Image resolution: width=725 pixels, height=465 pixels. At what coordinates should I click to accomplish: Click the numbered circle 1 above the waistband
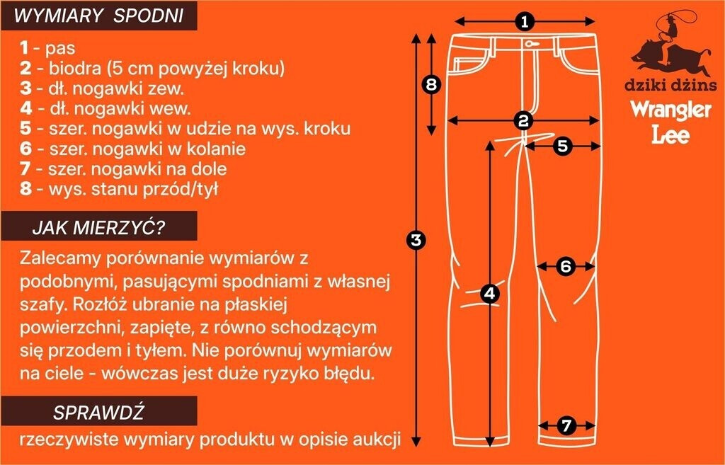point(525,21)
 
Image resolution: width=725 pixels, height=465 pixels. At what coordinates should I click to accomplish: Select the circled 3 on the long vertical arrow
point(417,239)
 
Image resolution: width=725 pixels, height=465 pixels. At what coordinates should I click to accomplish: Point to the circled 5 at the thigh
point(562,146)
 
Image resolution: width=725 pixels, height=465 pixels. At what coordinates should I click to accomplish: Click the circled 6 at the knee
point(565,266)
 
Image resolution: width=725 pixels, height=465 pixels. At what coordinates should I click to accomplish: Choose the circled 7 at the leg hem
point(566,425)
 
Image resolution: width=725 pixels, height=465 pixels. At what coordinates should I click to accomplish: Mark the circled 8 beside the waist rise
point(432,85)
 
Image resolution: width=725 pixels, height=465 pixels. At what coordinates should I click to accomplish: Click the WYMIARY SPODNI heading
point(98,16)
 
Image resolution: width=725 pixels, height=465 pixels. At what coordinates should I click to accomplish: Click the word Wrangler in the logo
point(670,111)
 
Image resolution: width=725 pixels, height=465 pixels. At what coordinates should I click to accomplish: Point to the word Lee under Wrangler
point(670,134)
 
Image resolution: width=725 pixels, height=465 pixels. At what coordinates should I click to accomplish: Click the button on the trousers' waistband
point(526,40)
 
